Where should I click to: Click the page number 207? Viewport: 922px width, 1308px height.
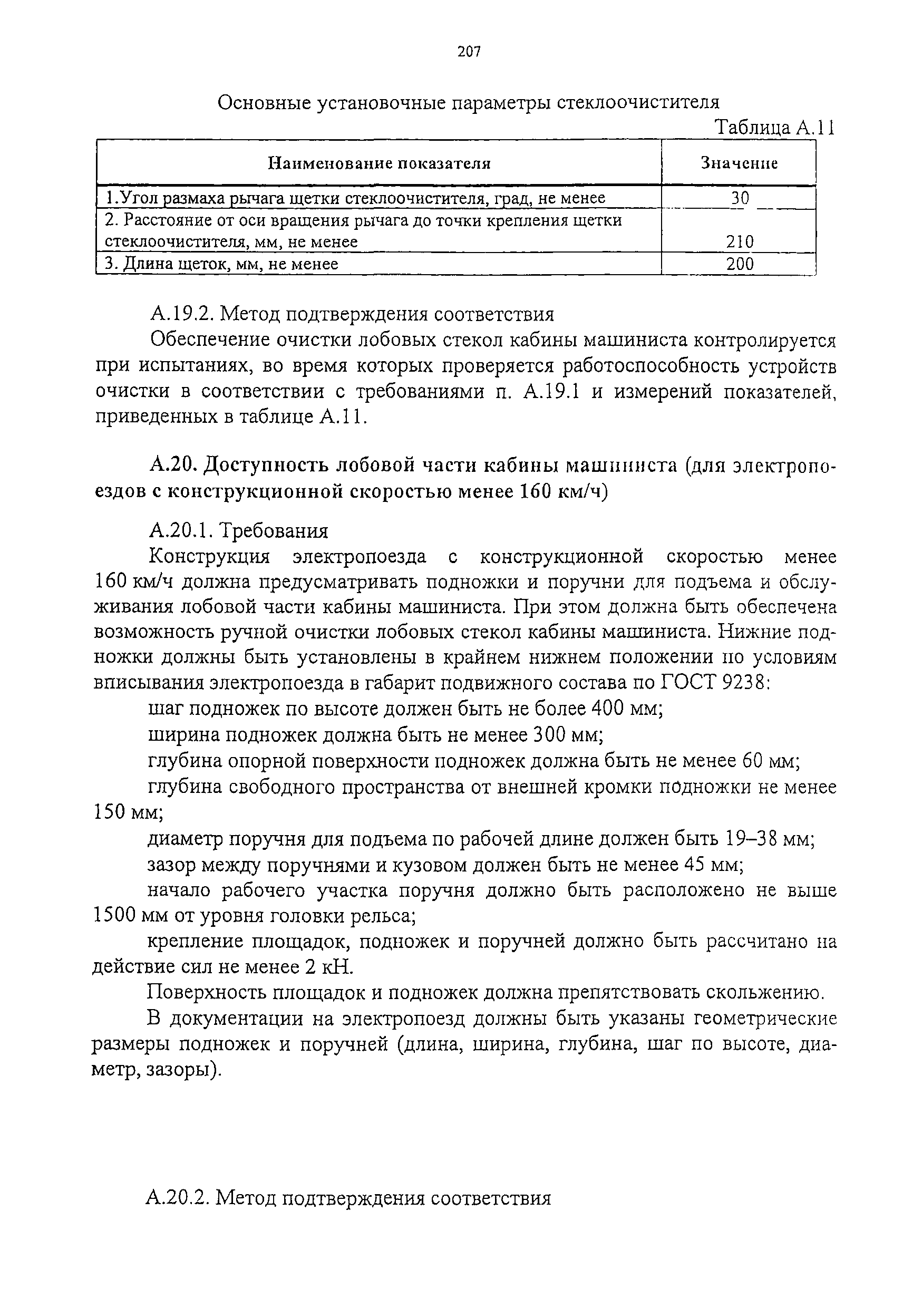coord(469,52)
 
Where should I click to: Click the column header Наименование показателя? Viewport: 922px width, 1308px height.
coord(379,164)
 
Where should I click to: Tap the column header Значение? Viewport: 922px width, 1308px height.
coord(739,163)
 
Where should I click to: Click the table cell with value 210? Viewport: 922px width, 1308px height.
coord(740,242)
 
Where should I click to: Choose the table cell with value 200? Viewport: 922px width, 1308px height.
coord(740,264)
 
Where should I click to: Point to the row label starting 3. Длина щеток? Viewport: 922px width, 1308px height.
coord(222,264)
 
